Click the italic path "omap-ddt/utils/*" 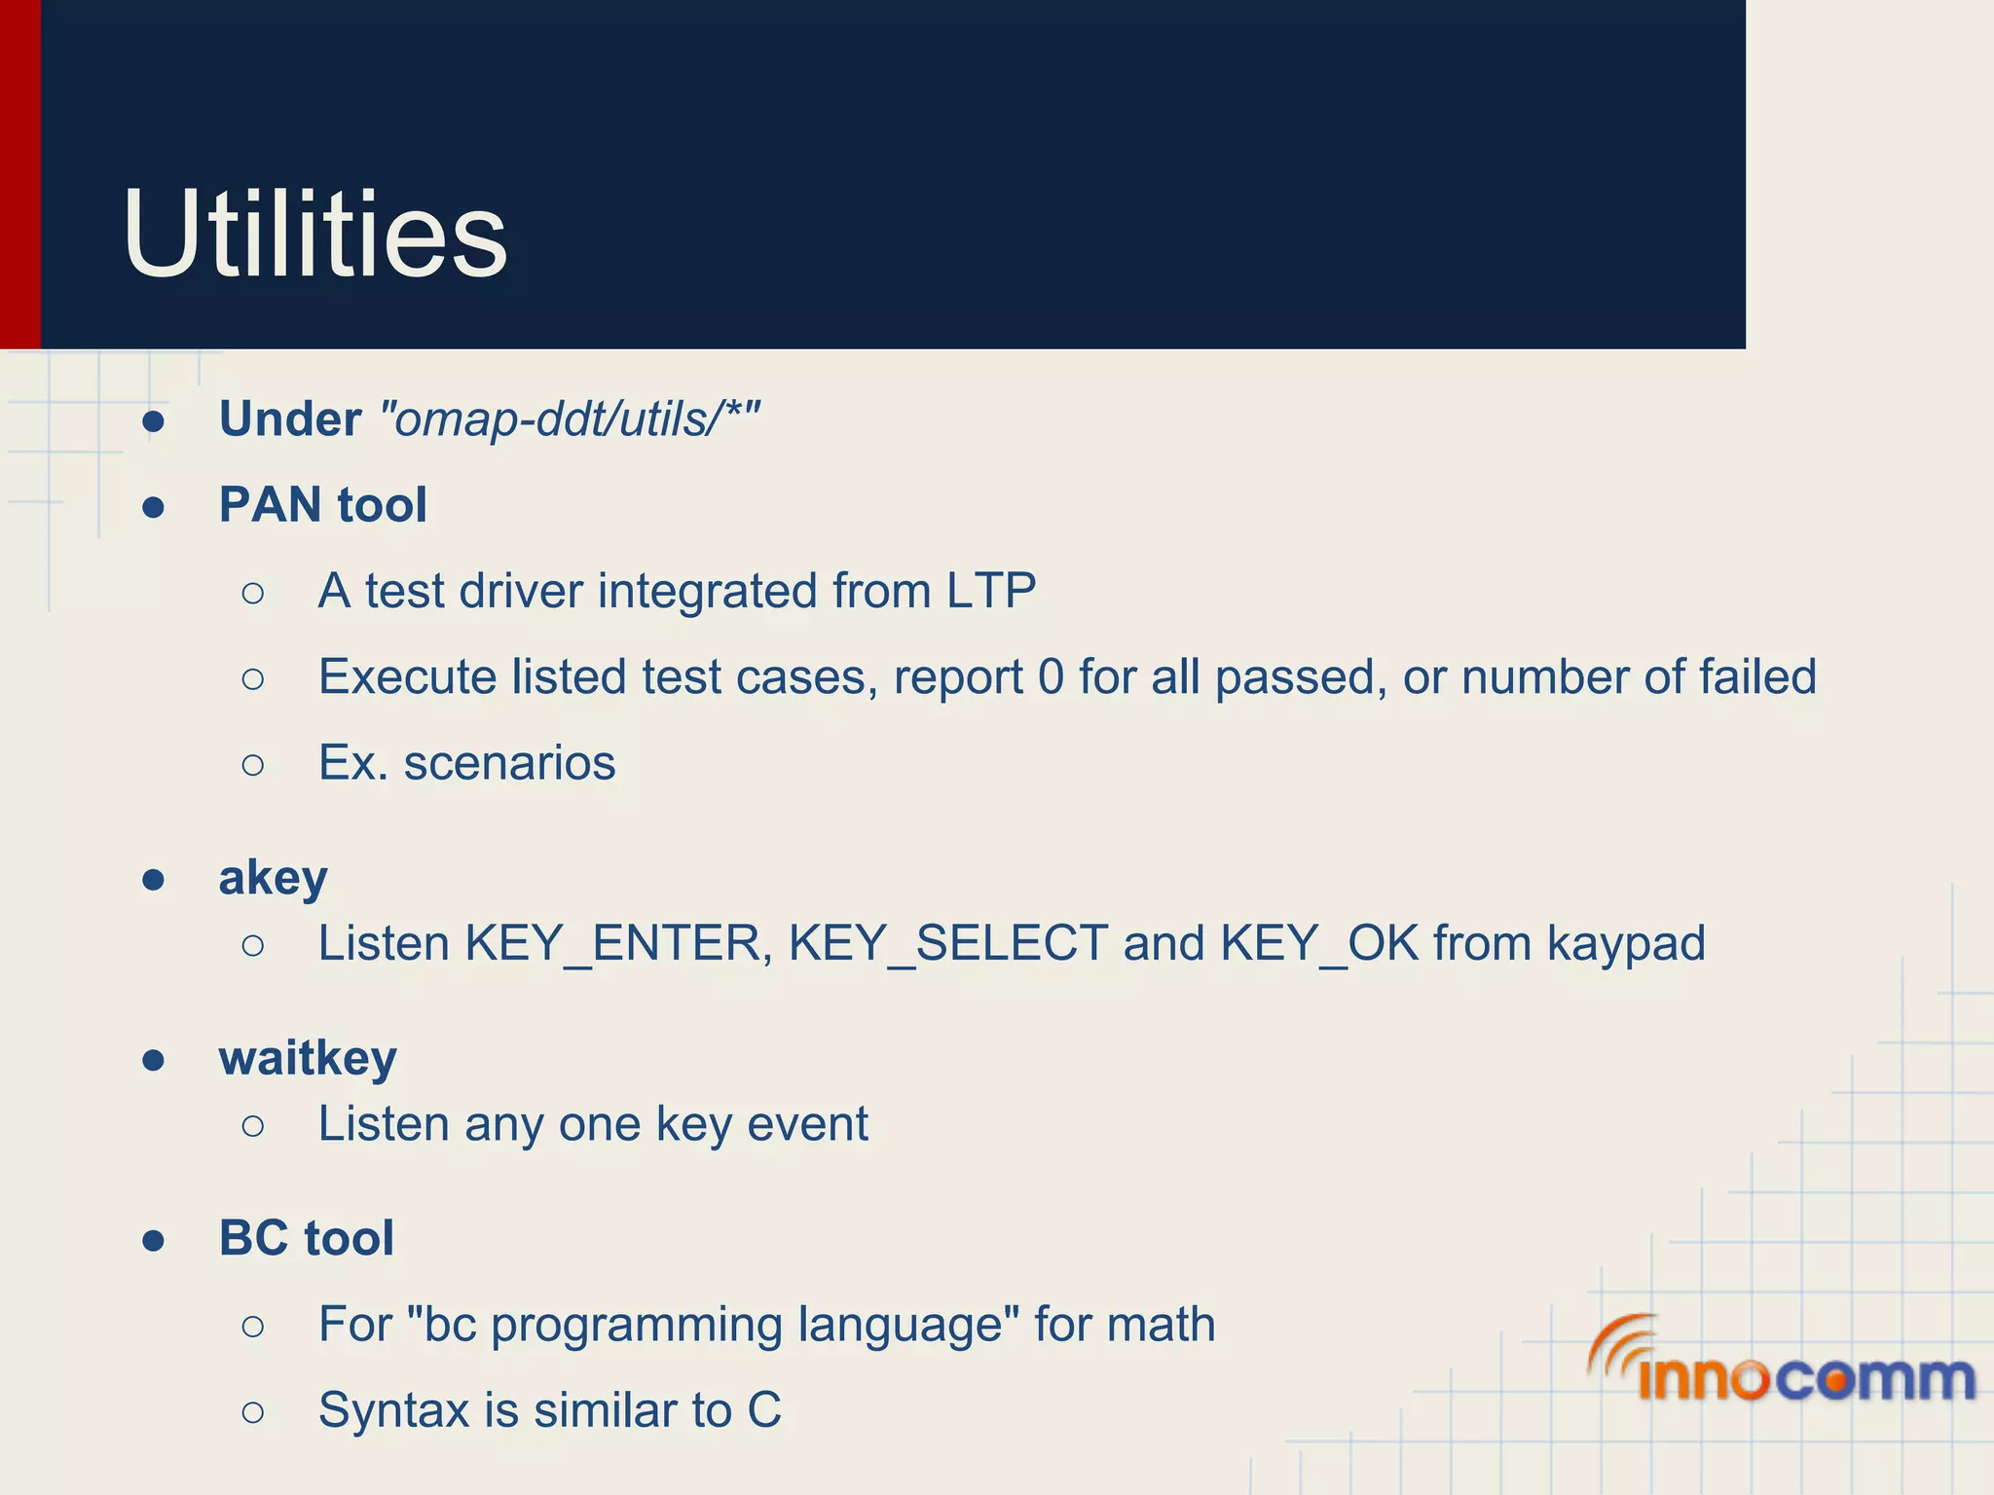click(569, 419)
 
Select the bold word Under click(290, 419)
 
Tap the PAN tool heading click(322, 505)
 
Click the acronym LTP click(990, 591)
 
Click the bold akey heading click(273, 878)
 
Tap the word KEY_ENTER click(611, 943)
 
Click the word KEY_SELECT click(947, 943)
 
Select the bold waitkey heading click(308, 1058)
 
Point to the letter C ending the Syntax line click(764, 1410)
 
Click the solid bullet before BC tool click(153, 1240)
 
